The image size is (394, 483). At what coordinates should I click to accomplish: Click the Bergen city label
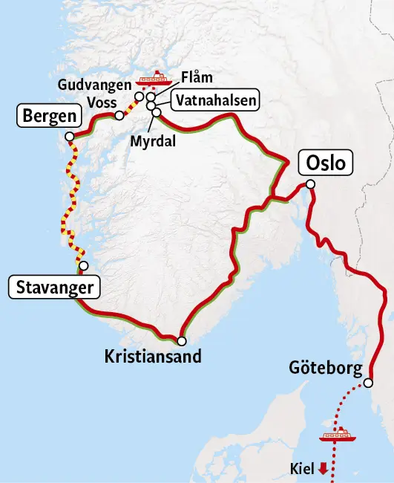(48, 116)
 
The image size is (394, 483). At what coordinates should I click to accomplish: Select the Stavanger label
(53, 287)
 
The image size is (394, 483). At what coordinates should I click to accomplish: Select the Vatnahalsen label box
(216, 100)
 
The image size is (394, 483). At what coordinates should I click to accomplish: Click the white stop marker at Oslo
(310, 184)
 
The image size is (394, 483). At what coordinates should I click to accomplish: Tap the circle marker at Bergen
(69, 137)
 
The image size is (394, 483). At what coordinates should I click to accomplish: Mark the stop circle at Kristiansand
(182, 342)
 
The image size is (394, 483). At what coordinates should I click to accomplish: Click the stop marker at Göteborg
(369, 383)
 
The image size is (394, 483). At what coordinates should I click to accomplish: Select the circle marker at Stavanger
(83, 266)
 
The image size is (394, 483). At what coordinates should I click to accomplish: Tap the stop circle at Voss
(119, 115)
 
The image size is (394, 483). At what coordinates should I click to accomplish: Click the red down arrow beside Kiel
(323, 469)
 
